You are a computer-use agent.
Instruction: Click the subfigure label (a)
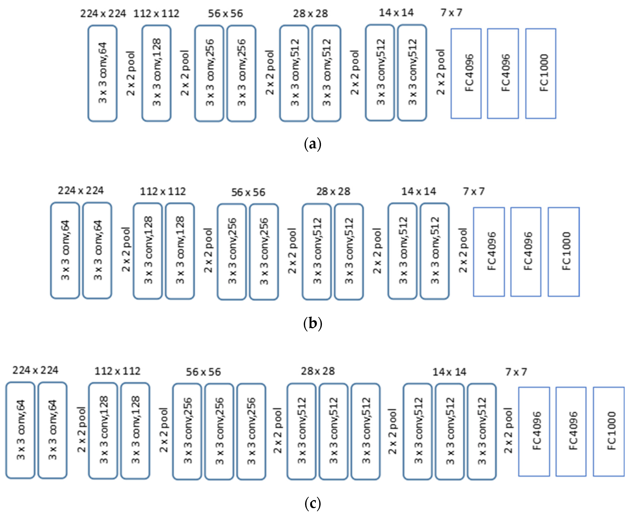click(x=312, y=144)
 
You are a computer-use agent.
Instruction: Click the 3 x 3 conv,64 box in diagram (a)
click(x=103, y=73)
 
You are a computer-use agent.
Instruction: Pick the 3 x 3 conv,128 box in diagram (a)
click(x=156, y=73)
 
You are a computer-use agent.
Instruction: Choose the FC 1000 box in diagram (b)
click(x=564, y=252)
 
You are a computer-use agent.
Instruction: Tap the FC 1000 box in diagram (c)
click(x=609, y=431)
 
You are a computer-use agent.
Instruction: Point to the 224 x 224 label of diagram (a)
click(x=103, y=14)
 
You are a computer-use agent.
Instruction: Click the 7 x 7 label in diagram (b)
click(x=474, y=191)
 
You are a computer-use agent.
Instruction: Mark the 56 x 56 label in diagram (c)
click(x=203, y=372)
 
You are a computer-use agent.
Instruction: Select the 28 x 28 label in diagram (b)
click(x=333, y=191)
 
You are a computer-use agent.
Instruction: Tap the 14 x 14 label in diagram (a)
click(x=396, y=13)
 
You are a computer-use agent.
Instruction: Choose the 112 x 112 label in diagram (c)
click(x=117, y=371)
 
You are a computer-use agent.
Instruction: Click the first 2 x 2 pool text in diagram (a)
click(x=131, y=73)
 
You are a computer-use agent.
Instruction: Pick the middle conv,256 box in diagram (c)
click(x=219, y=431)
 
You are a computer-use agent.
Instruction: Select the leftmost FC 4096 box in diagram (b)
click(x=489, y=252)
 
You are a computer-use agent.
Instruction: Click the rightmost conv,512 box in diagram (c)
click(x=482, y=431)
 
